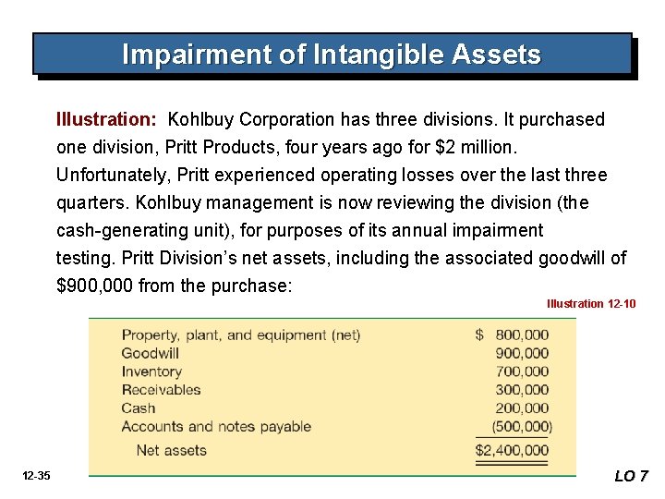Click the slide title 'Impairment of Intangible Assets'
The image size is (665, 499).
(x=332, y=55)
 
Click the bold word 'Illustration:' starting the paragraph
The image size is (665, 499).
(x=106, y=120)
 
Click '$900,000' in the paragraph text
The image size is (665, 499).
(x=93, y=286)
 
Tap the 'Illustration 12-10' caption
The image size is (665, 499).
(x=591, y=304)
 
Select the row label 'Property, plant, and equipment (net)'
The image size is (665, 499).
(x=241, y=335)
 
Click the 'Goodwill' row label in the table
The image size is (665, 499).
(x=150, y=353)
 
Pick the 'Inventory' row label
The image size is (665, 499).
(x=151, y=371)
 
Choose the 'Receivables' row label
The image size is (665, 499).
(x=161, y=390)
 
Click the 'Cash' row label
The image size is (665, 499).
(x=139, y=408)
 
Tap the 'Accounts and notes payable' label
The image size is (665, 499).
(x=216, y=427)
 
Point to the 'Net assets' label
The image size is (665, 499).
(x=171, y=451)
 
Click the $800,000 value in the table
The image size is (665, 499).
(x=514, y=335)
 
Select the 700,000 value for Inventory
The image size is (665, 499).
(x=522, y=371)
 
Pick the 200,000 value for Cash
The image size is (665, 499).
(x=522, y=408)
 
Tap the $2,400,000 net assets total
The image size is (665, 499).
(x=512, y=451)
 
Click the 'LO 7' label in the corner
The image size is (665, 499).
(x=632, y=477)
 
